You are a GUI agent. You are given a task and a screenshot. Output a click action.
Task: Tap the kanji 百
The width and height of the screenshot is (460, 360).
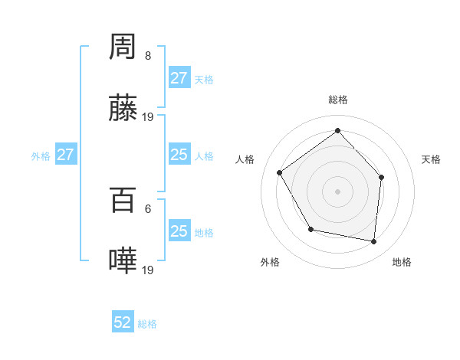(123, 201)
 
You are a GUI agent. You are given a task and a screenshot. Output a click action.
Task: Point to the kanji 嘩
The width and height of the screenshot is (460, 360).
(123, 261)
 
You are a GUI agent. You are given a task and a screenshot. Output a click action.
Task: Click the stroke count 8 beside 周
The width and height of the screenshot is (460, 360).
(147, 56)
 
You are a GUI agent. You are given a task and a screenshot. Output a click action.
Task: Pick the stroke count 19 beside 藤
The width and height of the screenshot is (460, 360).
(149, 116)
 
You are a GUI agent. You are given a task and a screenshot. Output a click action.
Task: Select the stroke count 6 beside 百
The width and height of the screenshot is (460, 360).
(147, 208)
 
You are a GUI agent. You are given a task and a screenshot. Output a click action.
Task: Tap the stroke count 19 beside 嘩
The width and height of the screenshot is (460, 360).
(149, 270)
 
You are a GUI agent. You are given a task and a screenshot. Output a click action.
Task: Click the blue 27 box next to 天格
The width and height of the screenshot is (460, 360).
(179, 78)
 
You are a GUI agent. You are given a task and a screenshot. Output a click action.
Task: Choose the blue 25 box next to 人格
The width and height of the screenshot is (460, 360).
(179, 155)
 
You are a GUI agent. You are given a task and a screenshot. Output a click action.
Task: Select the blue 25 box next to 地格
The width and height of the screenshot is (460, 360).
(179, 231)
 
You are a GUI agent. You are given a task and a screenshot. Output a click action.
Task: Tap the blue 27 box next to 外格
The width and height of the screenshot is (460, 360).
(65, 155)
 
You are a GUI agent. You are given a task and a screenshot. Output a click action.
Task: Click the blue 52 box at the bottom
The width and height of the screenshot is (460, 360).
(123, 323)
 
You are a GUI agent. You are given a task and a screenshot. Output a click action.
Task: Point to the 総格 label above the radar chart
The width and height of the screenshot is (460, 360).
(337, 100)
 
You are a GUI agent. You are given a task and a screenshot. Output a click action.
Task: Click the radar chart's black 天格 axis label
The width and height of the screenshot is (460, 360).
(432, 159)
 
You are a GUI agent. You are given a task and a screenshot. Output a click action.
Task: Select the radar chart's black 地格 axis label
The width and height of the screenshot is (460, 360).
(402, 262)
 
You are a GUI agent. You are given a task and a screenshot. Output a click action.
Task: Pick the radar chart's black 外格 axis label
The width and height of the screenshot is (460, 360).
(270, 262)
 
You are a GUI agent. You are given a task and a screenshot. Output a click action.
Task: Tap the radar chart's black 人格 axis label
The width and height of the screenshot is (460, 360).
(245, 159)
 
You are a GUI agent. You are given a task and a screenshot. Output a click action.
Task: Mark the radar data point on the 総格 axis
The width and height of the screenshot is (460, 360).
(337, 131)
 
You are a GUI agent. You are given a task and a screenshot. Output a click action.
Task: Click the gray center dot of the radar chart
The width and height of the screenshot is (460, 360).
(337, 191)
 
